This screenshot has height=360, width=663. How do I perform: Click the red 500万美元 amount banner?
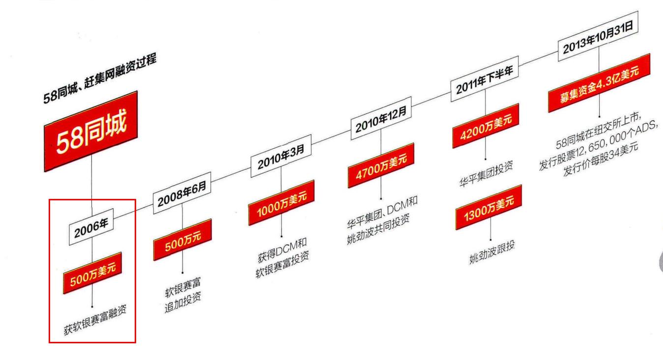(92, 272)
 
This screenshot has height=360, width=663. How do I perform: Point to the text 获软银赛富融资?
(95, 319)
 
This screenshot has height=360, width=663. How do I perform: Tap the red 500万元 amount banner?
(182, 240)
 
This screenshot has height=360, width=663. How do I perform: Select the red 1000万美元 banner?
(281, 202)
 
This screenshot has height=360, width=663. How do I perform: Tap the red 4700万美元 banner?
(381, 165)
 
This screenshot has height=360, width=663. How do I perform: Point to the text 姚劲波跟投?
(491, 251)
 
